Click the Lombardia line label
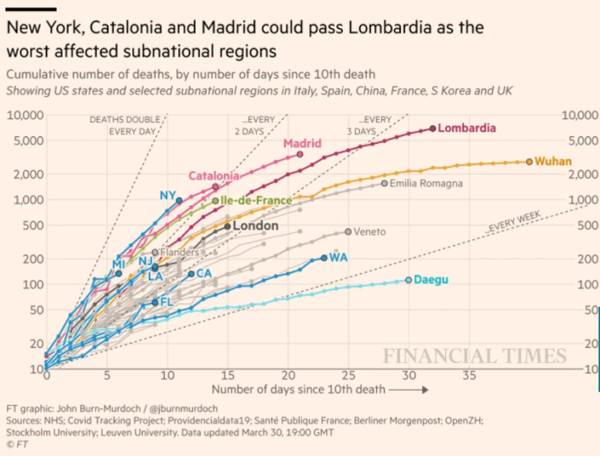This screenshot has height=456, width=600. click(x=467, y=129)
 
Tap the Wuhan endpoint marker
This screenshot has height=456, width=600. click(x=530, y=161)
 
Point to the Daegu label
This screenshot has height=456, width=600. click(x=432, y=279)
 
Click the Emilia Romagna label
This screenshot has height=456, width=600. click(x=426, y=183)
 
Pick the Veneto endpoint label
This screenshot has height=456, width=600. click(x=370, y=231)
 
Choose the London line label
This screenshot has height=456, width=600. click(x=255, y=226)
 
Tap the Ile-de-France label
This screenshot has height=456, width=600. click(x=256, y=201)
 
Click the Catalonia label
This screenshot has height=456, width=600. click(x=214, y=177)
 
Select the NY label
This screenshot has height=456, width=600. click(x=168, y=195)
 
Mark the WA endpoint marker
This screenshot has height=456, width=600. click(x=324, y=258)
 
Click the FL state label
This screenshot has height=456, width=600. click(x=166, y=302)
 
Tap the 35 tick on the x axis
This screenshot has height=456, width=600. click(x=470, y=375)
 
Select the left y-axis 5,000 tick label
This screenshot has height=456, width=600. click(x=27, y=142)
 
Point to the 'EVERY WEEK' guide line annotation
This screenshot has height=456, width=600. click(x=514, y=222)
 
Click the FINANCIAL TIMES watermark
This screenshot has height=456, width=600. click(x=474, y=356)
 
